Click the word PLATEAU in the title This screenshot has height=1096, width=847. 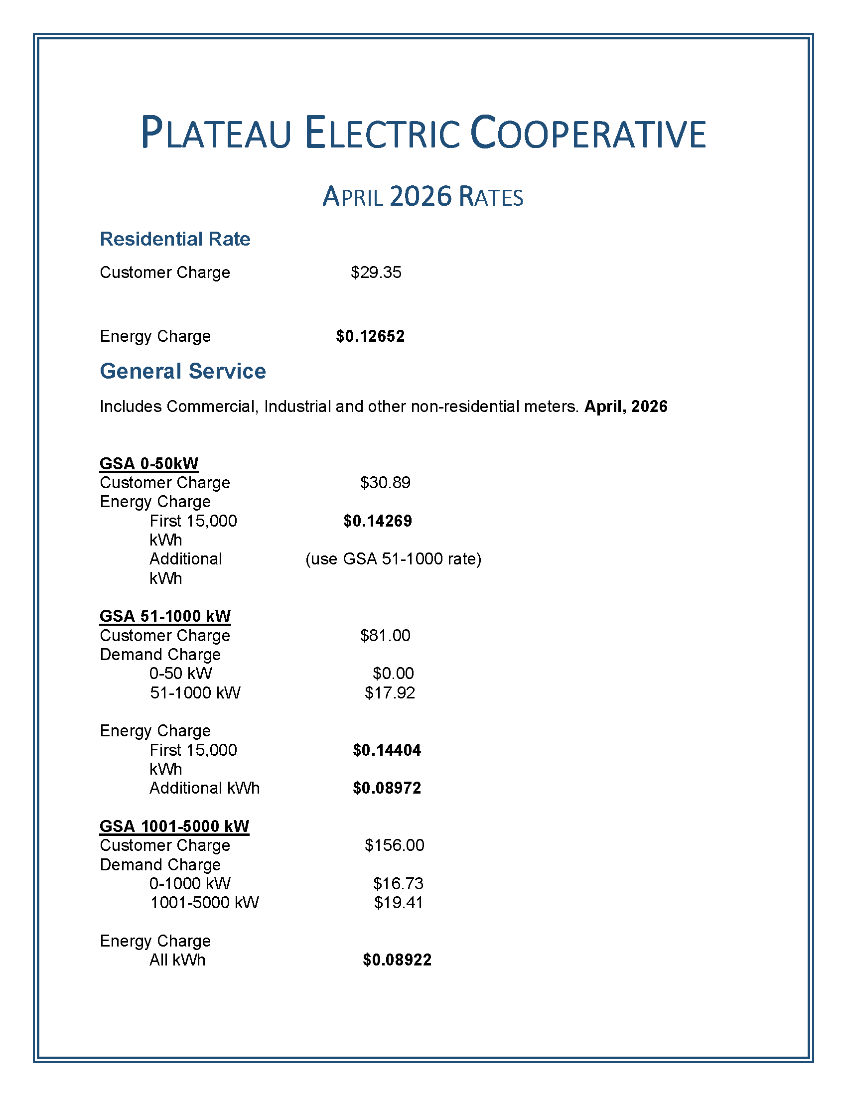[x=216, y=133]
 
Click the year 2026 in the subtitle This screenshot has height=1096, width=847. [x=421, y=196]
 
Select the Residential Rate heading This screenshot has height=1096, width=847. [x=174, y=239]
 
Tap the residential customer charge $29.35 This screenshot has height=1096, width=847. [x=376, y=273]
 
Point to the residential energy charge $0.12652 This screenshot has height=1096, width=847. [x=370, y=336]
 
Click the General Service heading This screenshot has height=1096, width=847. [x=183, y=371]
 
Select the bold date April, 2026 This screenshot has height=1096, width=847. [x=626, y=406]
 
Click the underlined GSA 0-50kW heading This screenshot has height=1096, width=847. [x=149, y=463]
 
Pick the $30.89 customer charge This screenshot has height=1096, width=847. [x=385, y=482]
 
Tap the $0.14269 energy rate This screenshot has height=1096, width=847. [x=377, y=521]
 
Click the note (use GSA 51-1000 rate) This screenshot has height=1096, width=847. [x=393, y=558]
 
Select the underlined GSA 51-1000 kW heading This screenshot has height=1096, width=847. [x=165, y=616]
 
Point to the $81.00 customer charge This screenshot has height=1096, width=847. [x=385, y=635]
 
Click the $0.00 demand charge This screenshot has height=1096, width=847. [x=393, y=674]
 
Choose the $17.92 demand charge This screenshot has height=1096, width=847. [x=390, y=693]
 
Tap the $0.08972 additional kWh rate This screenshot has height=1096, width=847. [x=386, y=788]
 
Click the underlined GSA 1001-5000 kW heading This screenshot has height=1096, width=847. [x=174, y=826]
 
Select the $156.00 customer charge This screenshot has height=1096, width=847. [x=394, y=845]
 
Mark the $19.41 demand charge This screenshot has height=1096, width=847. [x=399, y=902]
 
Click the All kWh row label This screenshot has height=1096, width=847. [x=177, y=960]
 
